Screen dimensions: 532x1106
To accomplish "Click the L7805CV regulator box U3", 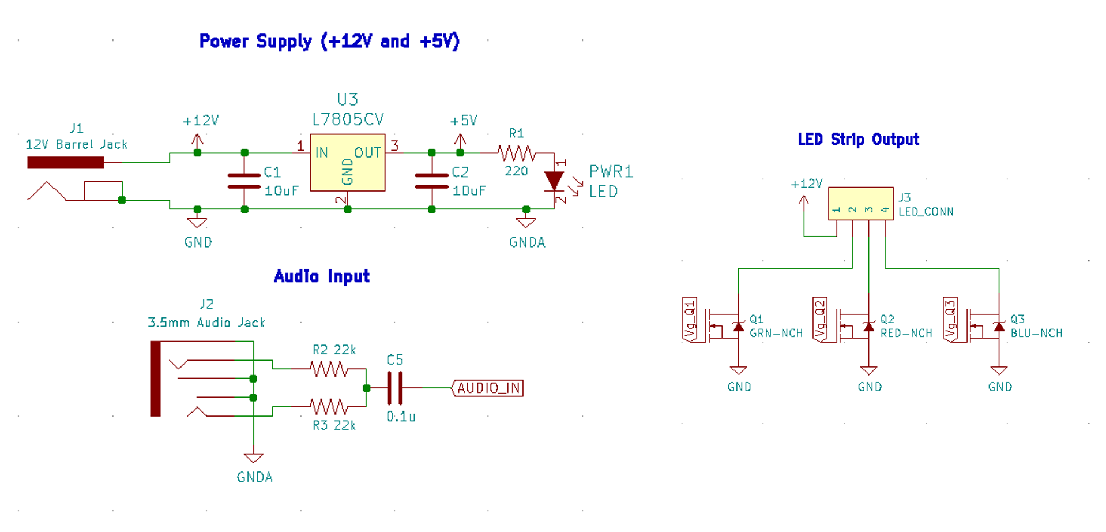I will pyautogui.click(x=347, y=163).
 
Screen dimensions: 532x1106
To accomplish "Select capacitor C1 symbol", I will pyautogui.click(x=244, y=181).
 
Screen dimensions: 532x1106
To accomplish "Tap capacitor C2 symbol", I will pyautogui.click(x=431, y=181).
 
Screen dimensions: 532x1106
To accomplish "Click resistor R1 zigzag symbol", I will pyautogui.click(x=517, y=153).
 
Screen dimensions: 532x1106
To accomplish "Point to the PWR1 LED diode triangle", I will pyautogui.click(x=554, y=181).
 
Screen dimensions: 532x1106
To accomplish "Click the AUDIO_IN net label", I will pyautogui.click(x=488, y=388).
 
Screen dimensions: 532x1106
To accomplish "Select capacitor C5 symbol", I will pyautogui.click(x=395, y=388).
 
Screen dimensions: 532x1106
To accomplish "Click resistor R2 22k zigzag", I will pyautogui.click(x=329, y=369).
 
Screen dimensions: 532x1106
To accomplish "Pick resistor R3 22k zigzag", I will pyautogui.click(x=329, y=407).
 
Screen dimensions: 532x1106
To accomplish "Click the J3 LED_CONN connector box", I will pyautogui.click(x=860, y=203).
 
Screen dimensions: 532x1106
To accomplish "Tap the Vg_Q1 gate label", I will pyautogui.click(x=690, y=320).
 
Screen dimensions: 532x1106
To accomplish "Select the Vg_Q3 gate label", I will pyautogui.click(x=950, y=320).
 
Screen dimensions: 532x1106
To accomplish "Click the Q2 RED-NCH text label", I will pyautogui.click(x=906, y=327).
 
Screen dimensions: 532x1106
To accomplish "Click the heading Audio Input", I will pyautogui.click(x=321, y=276).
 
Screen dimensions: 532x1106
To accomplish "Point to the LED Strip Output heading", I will pyautogui.click(x=858, y=140).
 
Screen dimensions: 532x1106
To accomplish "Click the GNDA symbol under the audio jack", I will pyautogui.click(x=254, y=458).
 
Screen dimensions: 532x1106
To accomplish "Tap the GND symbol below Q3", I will pyautogui.click(x=999, y=371).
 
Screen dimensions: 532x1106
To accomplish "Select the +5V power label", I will pyautogui.click(x=464, y=121).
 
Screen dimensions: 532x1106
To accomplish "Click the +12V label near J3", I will pyautogui.click(x=806, y=184).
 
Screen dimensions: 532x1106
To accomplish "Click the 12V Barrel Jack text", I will pyautogui.click(x=76, y=144).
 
